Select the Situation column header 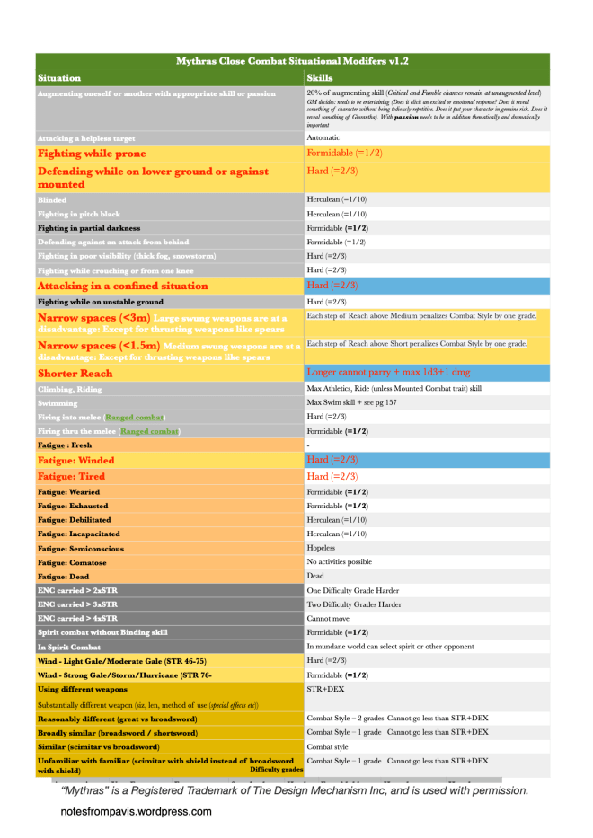tap(59, 78)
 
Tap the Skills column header tap(320, 78)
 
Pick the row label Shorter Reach tap(75, 373)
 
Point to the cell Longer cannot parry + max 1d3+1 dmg tap(399, 372)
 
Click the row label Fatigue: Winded tap(75, 461)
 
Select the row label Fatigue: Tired tap(71, 476)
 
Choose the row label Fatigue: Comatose tap(74, 562)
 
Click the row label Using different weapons tap(82, 689)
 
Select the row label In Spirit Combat tap(69, 647)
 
